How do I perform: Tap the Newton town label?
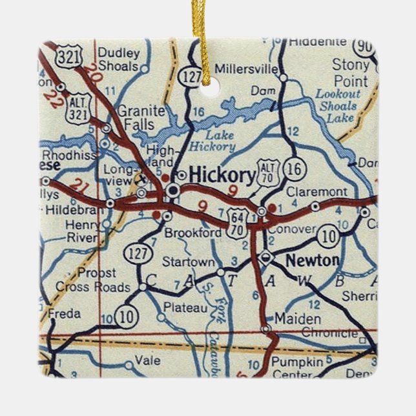(x=312, y=260)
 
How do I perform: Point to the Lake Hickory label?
(x=213, y=141)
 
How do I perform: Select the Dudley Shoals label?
(x=119, y=59)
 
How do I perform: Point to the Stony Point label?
(x=350, y=72)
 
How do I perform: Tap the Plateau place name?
(x=185, y=308)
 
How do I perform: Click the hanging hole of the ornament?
(x=205, y=89)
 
